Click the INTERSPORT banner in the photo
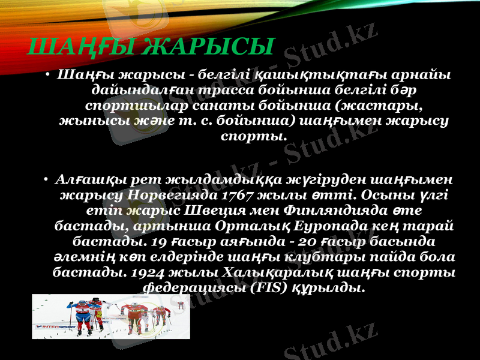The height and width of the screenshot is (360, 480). [60, 328]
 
